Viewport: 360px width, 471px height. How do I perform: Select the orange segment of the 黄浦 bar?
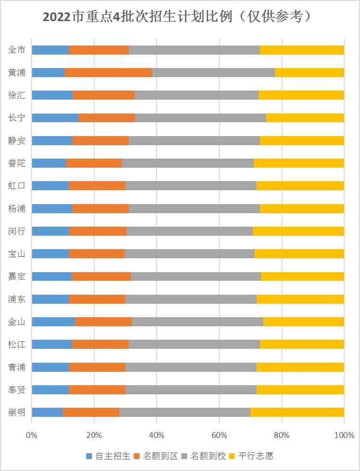pyautogui.click(x=108, y=72)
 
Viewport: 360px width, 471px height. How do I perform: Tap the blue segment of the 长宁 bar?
pyautogui.click(x=55, y=118)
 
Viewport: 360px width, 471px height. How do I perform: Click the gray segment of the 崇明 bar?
pyautogui.click(x=185, y=412)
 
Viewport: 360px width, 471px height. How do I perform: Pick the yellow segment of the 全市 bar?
pyautogui.click(x=302, y=50)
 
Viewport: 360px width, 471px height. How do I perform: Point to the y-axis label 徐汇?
pyautogui.click(x=17, y=95)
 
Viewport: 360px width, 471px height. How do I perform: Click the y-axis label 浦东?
pyautogui.click(x=17, y=299)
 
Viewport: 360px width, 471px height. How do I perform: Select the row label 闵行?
pyautogui.click(x=17, y=231)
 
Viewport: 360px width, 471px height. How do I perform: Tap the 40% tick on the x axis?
pyautogui.click(x=157, y=436)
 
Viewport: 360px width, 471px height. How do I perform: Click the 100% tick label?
pyautogui.click(x=344, y=436)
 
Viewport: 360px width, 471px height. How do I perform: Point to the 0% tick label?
pyautogui.click(x=32, y=436)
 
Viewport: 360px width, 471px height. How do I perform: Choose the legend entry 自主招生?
pyautogui.click(x=108, y=456)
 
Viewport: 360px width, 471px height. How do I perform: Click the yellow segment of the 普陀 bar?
pyautogui.click(x=299, y=163)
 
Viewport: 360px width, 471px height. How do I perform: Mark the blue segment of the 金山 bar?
pyautogui.click(x=54, y=322)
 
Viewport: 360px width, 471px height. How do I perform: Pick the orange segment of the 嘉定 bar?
pyautogui.click(x=101, y=276)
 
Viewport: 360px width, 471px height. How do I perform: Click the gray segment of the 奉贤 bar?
pyautogui.click(x=191, y=390)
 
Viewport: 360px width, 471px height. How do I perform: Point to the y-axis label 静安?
pyautogui.click(x=17, y=140)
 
